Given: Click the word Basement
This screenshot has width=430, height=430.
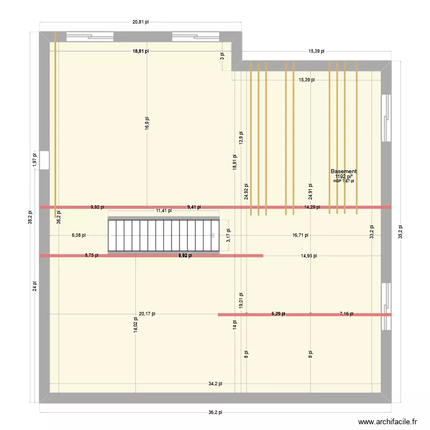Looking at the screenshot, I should [x=343, y=171].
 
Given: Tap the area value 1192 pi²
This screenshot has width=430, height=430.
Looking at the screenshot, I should [x=343, y=177].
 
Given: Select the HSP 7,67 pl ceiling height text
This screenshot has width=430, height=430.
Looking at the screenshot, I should [x=343, y=181].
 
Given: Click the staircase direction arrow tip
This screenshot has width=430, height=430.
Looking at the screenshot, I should [x=214, y=235].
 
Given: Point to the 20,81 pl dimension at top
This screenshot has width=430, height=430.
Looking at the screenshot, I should [x=140, y=22].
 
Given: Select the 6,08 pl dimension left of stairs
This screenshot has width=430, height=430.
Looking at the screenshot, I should [x=79, y=235].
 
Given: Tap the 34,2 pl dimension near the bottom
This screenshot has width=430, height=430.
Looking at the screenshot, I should [x=215, y=384].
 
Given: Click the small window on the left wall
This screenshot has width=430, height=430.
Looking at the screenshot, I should [x=45, y=162].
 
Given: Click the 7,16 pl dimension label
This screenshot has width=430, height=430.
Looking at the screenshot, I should [x=346, y=314].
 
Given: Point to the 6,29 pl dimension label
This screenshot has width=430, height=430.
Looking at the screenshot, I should [x=278, y=314].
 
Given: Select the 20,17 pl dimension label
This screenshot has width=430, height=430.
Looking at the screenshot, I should [x=147, y=314].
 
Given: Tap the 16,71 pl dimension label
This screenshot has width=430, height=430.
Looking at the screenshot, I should [x=300, y=235].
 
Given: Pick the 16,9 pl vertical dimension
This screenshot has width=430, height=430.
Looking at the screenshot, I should [x=147, y=123].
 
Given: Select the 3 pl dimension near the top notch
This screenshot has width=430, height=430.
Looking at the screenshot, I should [x=222, y=56].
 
